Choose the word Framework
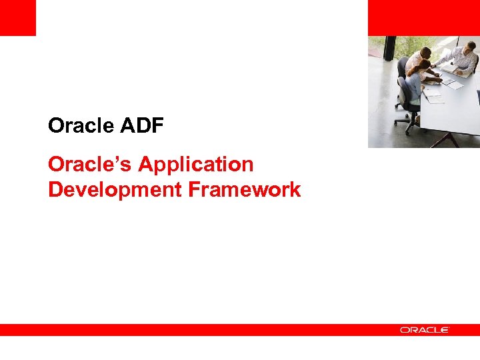coord(244,190)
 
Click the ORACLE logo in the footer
coord(425,330)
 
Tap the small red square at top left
coord(17,17)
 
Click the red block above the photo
coord(423,17)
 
